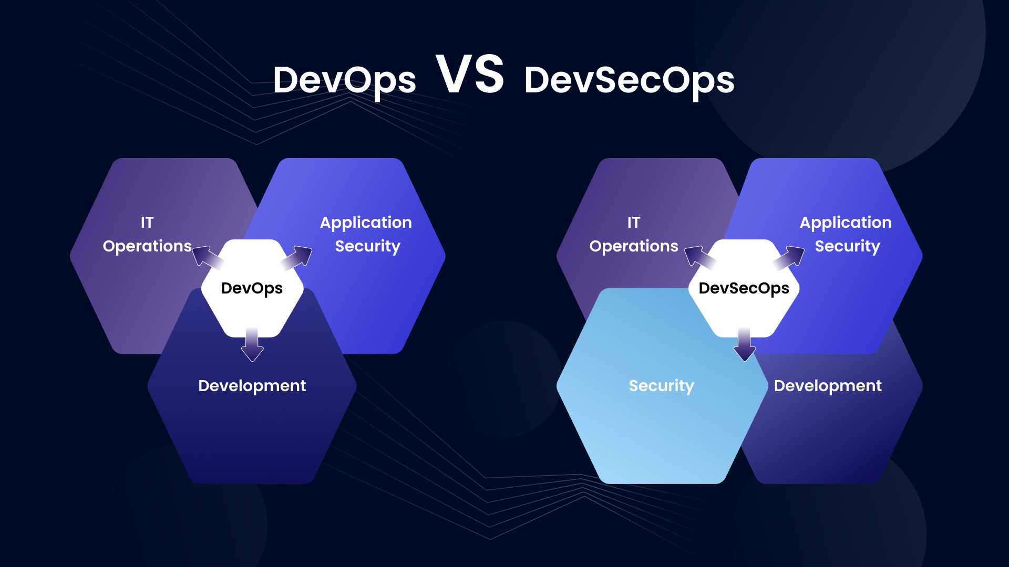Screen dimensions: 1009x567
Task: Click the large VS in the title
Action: pos(470,74)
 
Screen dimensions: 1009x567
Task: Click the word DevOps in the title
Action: pos(345,81)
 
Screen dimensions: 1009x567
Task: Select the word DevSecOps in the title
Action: pos(629,81)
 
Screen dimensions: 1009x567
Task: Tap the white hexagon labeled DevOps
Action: pos(252,288)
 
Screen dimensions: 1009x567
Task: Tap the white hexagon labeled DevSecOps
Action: pos(744,288)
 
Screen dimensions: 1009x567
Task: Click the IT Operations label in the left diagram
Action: pos(147,234)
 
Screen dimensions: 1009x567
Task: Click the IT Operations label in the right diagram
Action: pos(634,234)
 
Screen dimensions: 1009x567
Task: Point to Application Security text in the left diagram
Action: pos(366,234)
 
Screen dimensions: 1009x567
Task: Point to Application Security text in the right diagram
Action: pos(846,234)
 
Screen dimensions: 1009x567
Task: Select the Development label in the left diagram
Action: pos(252,386)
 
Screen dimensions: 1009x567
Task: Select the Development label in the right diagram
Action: pos(828,386)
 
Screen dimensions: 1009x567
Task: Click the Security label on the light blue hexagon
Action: pos(662,386)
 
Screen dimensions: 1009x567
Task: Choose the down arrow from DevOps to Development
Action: pos(252,344)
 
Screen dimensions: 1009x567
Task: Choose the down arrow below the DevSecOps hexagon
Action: pos(745,344)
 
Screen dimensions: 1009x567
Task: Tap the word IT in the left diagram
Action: pos(147,223)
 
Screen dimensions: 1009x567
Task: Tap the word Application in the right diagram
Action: pos(846,223)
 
